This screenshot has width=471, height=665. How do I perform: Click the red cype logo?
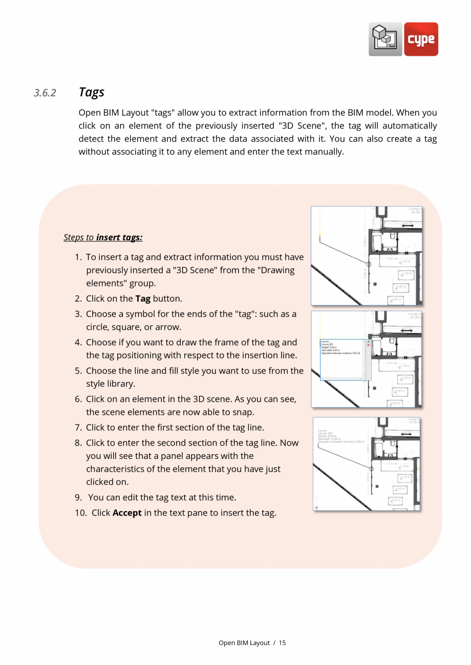pyautogui.click(x=421, y=39)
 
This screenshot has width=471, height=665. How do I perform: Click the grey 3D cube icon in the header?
pyautogui.click(x=386, y=39)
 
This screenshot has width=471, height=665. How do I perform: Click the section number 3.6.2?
pyautogui.click(x=45, y=93)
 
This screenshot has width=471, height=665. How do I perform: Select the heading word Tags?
pyautogui.click(x=92, y=92)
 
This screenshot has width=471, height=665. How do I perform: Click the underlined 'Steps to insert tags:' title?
pyautogui.click(x=103, y=237)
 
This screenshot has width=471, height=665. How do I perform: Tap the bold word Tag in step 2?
pyautogui.click(x=143, y=299)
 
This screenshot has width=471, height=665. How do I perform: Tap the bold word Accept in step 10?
pyautogui.click(x=127, y=513)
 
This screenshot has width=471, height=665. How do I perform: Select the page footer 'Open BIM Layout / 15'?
pyautogui.click(x=252, y=643)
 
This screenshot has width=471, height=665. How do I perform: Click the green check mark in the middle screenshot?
pyautogui.click(x=368, y=341)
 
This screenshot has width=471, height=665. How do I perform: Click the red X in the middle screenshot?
pyautogui.click(x=368, y=345)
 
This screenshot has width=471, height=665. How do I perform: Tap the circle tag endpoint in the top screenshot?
pyautogui.click(x=369, y=264)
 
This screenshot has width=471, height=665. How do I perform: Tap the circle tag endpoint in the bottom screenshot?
pyautogui.click(x=371, y=469)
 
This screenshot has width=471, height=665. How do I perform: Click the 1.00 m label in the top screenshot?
pyautogui.click(x=406, y=274)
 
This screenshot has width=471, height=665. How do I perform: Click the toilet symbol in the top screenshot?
pyautogui.click(x=393, y=236)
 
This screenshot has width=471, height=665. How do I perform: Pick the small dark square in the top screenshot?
pyautogui.click(x=375, y=284)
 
